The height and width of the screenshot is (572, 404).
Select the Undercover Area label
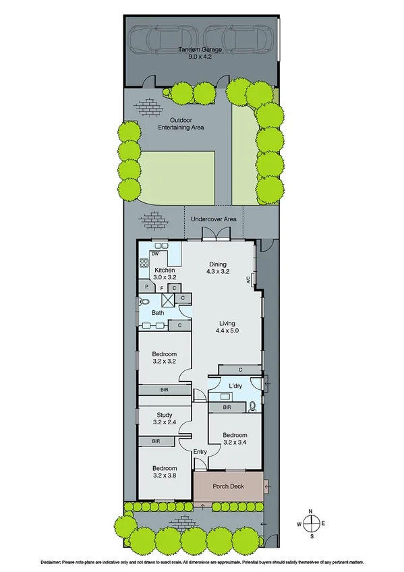click(x=213, y=219)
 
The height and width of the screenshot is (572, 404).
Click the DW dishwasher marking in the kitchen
click(x=154, y=254)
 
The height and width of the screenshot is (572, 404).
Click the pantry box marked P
click(x=146, y=287)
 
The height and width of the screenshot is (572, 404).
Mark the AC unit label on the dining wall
click(x=249, y=279)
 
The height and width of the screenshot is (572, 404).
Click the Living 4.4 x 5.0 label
click(x=227, y=326)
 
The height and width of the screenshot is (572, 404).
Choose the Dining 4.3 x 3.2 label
click(x=217, y=268)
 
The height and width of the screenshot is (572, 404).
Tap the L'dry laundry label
click(x=235, y=386)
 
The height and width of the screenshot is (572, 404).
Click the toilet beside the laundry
click(x=251, y=406)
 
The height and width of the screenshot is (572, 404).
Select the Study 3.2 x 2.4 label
click(x=164, y=419)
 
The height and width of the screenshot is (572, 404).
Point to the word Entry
click(x=200, y=452)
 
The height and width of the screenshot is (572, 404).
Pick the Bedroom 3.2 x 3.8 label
click(x=164, y=472)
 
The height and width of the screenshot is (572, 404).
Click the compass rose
click(x=311, y=523)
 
